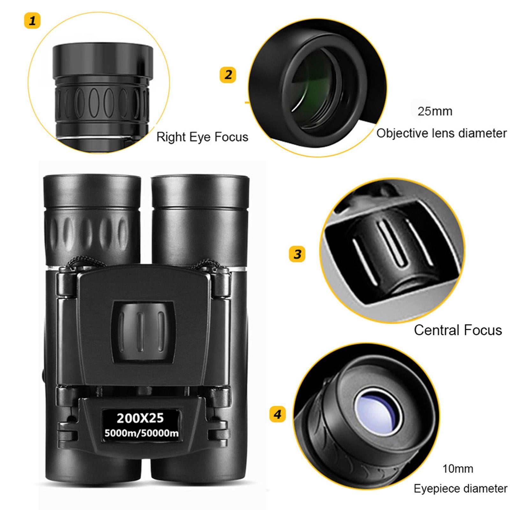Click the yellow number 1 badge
(x=32, y=21)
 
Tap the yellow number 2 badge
(x=228, y=75)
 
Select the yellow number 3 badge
(x=297, y=254)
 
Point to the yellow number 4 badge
(x=277, y=414)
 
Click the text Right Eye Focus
(x=202, y=137)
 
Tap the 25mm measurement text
(x=435, y=111)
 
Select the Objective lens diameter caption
(x=441, y=133)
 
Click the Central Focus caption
(x=458, y=330)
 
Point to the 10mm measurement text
(x=457, y=469)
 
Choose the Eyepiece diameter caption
(x=460, y=489)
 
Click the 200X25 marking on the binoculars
(x=140, y=418)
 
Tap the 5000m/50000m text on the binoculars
(x=142, y=433)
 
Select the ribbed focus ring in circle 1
(x=102, y=102)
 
